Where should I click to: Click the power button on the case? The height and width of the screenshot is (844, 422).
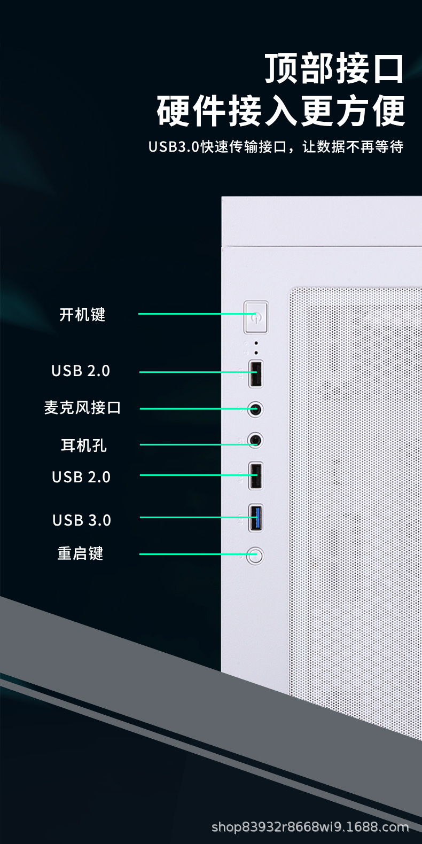[256, 317]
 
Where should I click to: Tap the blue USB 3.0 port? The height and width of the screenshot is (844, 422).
[256, 517]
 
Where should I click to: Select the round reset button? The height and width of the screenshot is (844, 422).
[255, 555]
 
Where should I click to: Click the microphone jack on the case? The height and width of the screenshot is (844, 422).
[256, 410]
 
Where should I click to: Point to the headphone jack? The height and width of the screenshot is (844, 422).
[256, 441]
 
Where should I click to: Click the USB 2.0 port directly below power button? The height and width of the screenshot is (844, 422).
[256, 373]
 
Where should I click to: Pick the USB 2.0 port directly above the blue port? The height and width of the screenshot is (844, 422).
[256, 475]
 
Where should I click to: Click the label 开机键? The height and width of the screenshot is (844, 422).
[82, 315]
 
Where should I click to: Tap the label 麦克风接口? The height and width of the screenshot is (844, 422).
[82, 408]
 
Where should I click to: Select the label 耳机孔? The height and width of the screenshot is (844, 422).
[83, 445]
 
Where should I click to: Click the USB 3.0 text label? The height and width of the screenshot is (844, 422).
[82, 520]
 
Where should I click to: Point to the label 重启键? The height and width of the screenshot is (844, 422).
[80, 553]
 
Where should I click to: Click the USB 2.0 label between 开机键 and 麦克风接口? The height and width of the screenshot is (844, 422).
[81, 371]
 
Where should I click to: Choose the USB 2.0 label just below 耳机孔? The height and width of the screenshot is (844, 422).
[81, 477]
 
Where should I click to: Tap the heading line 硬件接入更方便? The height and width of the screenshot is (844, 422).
[281, 111]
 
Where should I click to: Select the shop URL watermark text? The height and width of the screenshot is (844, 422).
[310, 827]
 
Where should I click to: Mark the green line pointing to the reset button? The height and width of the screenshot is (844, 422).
[192, 554]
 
